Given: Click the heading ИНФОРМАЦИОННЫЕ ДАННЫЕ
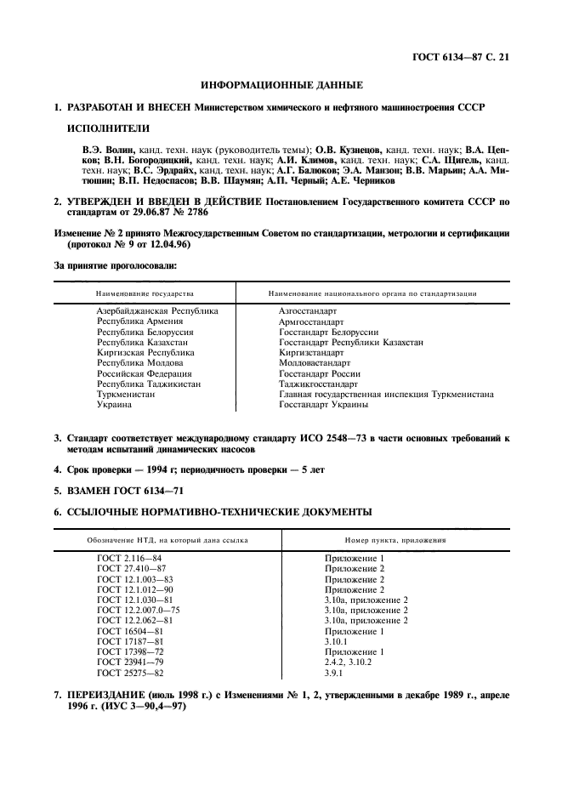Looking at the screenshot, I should click(x=281, y=85).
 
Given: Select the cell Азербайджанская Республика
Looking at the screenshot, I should click(x=157, y=311).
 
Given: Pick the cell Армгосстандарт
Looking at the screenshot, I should click(x=312, y=322).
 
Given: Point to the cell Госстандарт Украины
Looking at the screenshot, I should click(x=324, y=405).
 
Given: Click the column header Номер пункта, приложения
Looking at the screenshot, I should click(x=395, y=540).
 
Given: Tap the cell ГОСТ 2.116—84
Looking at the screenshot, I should click(x=129, y=558).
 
